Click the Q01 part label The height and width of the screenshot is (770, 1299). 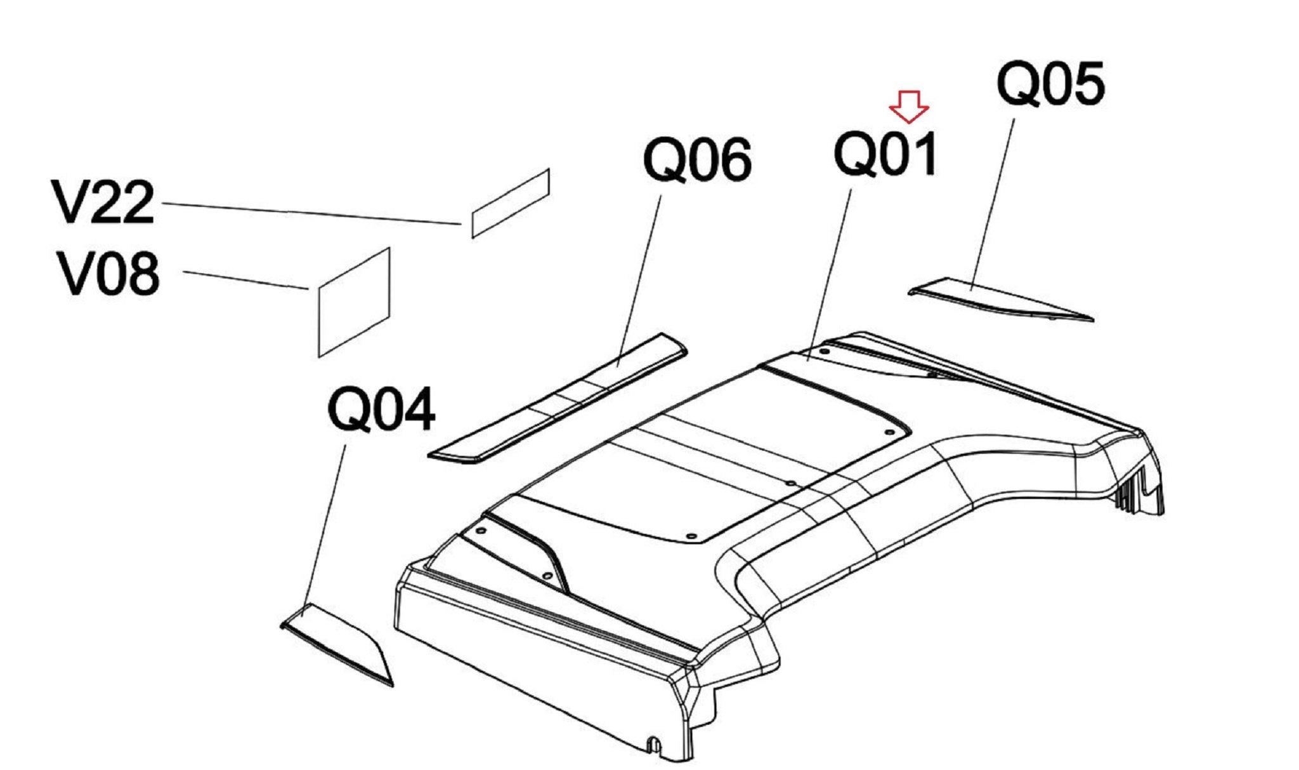[885, 154]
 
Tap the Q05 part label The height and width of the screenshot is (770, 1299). [1050, 84]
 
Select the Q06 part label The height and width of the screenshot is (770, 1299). [698, 161]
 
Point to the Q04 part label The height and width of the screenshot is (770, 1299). [382, 410]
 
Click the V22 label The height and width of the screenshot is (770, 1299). [103, 203]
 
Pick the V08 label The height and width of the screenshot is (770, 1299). [107, 274]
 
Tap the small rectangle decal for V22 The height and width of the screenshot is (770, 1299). [511, 203]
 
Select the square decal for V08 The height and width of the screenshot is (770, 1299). [353, 302]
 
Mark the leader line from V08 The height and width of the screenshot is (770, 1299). [245, 280]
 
